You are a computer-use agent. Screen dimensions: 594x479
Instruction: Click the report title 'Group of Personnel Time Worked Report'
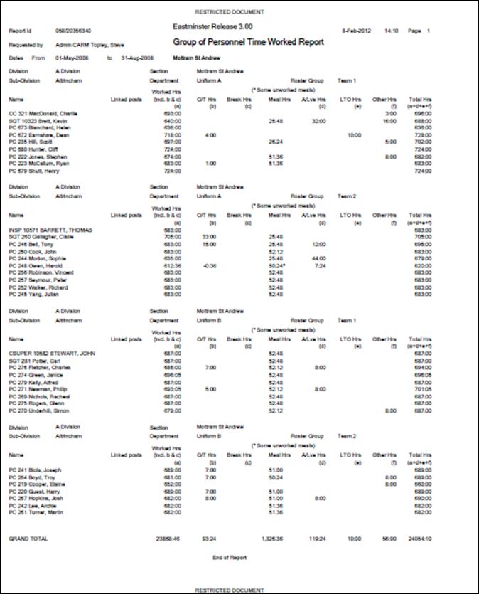[x=248, y=43]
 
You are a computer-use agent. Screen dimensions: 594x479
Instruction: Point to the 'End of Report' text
[x=230, y=557]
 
